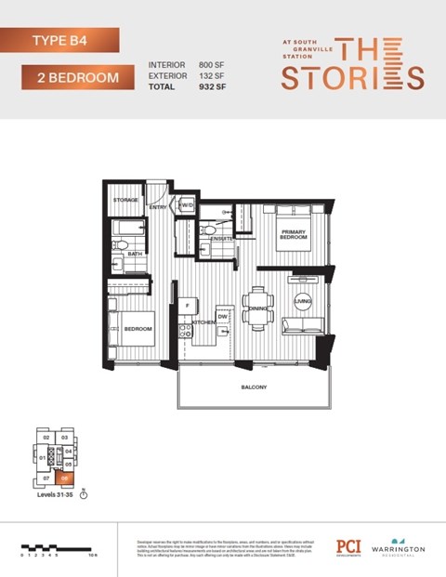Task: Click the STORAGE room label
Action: pyautogui.click(x=125, y=200)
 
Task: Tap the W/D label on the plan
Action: pyautogui.click(x=186, y=205)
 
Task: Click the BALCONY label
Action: pyautogui.click(x=254, y=387)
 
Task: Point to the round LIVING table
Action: pyautogui.click(x=302, y=300)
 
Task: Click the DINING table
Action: pyautogui.click(x=257, y=308)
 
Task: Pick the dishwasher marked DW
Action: pyautogui.click(x=222, y=317)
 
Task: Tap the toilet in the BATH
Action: pyautogui.click(x=120, y=245)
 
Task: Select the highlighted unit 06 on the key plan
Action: pyautogui.click(x=65, y=478)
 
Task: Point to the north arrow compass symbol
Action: pyautogui.click(x=84, y=495)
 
